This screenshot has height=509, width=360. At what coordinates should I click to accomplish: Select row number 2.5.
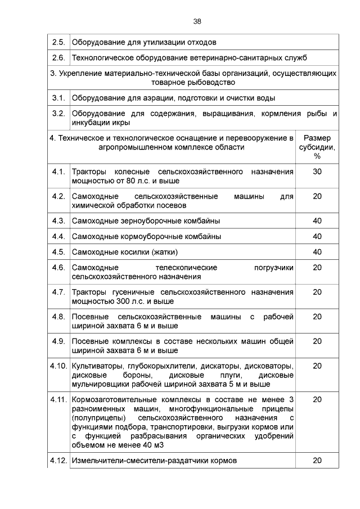click(x=58, y=42)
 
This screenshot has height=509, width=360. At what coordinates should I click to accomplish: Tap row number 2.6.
click(x=58, y=58)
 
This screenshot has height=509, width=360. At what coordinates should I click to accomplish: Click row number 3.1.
click(x=58, y=98)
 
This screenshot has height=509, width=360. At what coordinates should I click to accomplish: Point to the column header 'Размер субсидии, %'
click(x=317, y=147)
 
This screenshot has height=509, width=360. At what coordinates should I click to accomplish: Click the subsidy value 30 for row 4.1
click(x=317, y=172)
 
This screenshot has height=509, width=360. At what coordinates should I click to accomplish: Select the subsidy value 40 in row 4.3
click(x=317, y=220)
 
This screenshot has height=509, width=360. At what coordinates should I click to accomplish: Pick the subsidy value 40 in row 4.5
click(x=317, y=251)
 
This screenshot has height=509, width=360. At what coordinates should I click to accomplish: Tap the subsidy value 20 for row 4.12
click(x=317, y=461)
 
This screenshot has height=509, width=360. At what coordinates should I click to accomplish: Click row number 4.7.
click(x=58, y=292)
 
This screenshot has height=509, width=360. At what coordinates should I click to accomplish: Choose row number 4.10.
click(x=58, y=366)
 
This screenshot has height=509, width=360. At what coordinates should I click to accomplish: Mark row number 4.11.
click(x=58, y=399)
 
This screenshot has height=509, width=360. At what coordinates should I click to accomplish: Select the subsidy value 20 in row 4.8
click(x=317, y=317)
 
